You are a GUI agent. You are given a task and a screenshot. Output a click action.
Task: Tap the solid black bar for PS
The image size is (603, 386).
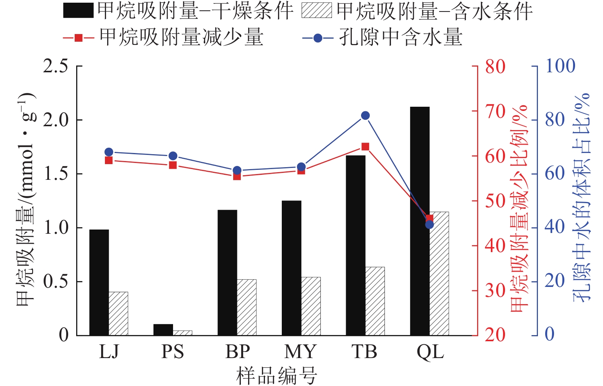click(x=163, y=330)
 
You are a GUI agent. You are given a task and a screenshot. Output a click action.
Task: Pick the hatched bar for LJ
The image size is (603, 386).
click(x=118, y=314)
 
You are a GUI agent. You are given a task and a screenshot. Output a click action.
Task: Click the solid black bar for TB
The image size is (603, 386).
click(x=356, y=245)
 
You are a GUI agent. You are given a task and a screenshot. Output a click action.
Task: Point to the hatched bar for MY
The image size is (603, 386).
click(x=311, y=306)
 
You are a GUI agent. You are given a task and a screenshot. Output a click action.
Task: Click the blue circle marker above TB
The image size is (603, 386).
click(x=365, y=116)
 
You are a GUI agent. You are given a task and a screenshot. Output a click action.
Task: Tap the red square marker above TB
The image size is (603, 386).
click(x=365, y=147)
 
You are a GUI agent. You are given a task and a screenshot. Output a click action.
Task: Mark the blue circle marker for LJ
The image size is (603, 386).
click(x=109, y=152)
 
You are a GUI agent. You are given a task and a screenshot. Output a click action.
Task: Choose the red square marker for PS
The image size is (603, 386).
click(x=173, y=165)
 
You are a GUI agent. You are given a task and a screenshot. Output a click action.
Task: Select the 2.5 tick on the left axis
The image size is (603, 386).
click(x=56, y=66)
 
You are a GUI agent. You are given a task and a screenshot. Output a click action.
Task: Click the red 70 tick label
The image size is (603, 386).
click(x=495, y=112)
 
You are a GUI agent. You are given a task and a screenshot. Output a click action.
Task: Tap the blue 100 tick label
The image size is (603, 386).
click(x=560, y=66)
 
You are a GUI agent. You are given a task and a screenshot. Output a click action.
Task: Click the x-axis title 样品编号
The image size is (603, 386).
click(x=276, y=376)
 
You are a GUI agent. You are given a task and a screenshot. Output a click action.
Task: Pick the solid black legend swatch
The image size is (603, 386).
click(x=78, y=11)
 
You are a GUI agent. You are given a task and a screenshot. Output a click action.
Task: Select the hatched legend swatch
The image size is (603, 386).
click(x=317, y=11)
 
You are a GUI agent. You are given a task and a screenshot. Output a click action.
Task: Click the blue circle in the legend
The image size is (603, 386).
click(x=317, y=38)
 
